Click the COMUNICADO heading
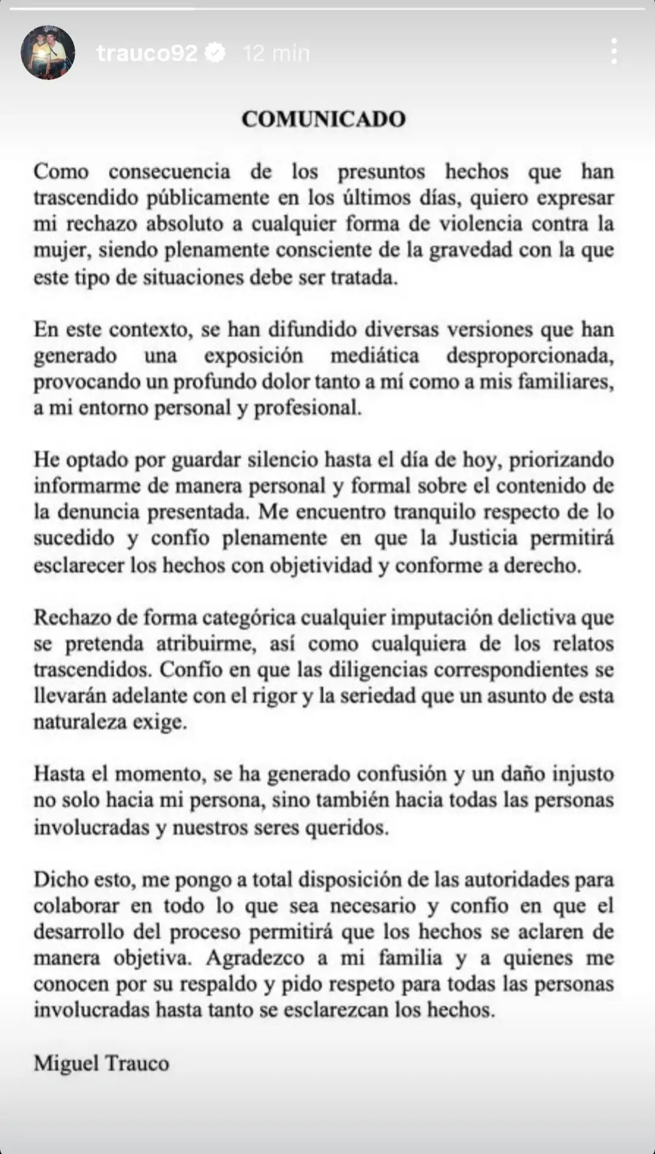pos(323,118)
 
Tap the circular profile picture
pos(48,53)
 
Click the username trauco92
pos(147,53)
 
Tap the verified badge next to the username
pos(215,53)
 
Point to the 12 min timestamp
pos(276,53)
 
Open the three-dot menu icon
pos(614,52)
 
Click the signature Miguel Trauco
pos(101,1063)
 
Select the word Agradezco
pos(255,958)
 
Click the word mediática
pos(374,356)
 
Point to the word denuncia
pos(99,512)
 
